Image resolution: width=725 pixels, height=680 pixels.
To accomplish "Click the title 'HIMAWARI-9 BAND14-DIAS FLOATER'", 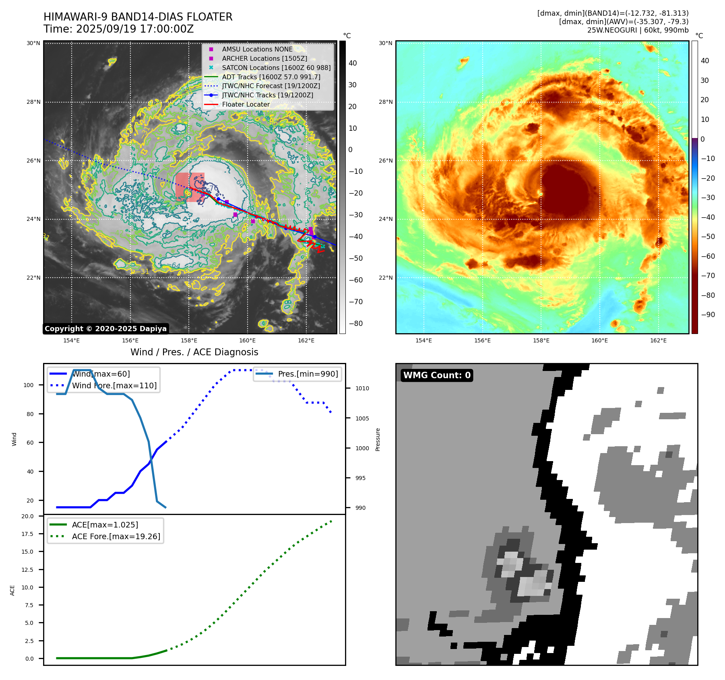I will coord(138,17).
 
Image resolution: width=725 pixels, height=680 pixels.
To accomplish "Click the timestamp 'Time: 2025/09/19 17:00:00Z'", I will coord(118,29).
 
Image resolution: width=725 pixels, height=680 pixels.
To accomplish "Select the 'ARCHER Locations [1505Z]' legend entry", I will coord(264,58).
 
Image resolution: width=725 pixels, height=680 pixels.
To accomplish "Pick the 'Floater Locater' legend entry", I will coord(246,104).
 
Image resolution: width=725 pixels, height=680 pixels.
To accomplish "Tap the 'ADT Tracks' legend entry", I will coord(271,77).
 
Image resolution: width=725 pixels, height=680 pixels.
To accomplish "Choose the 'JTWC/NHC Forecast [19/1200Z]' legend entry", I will coord(271,86).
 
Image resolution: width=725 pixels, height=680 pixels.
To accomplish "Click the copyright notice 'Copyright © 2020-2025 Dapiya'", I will coord(105,329).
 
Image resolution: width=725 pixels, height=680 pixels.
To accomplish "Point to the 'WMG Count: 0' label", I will coord(437,375).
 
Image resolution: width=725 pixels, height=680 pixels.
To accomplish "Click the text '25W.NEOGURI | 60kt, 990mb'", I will coord(638,30).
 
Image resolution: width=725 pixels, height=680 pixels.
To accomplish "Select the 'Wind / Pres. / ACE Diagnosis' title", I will coord(194,352).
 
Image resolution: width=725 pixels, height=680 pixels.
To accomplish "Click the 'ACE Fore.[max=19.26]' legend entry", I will coord(116,536).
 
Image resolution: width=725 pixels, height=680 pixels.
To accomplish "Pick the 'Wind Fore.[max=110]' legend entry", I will coord(114,385).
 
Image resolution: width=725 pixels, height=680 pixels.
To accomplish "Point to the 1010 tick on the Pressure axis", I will coord(362,388).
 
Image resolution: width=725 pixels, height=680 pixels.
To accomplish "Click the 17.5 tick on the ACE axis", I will coord(28,534).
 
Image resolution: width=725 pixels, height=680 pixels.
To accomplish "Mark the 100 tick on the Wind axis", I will coord(29,385).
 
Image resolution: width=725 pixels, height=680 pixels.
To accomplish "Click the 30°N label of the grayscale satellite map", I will coord(33,43).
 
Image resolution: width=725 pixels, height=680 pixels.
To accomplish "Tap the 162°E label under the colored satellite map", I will coord(658,340).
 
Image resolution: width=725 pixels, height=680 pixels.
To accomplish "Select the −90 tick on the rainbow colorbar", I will coord(708,315).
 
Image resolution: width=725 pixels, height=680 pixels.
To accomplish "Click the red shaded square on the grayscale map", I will coord(190,187).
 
